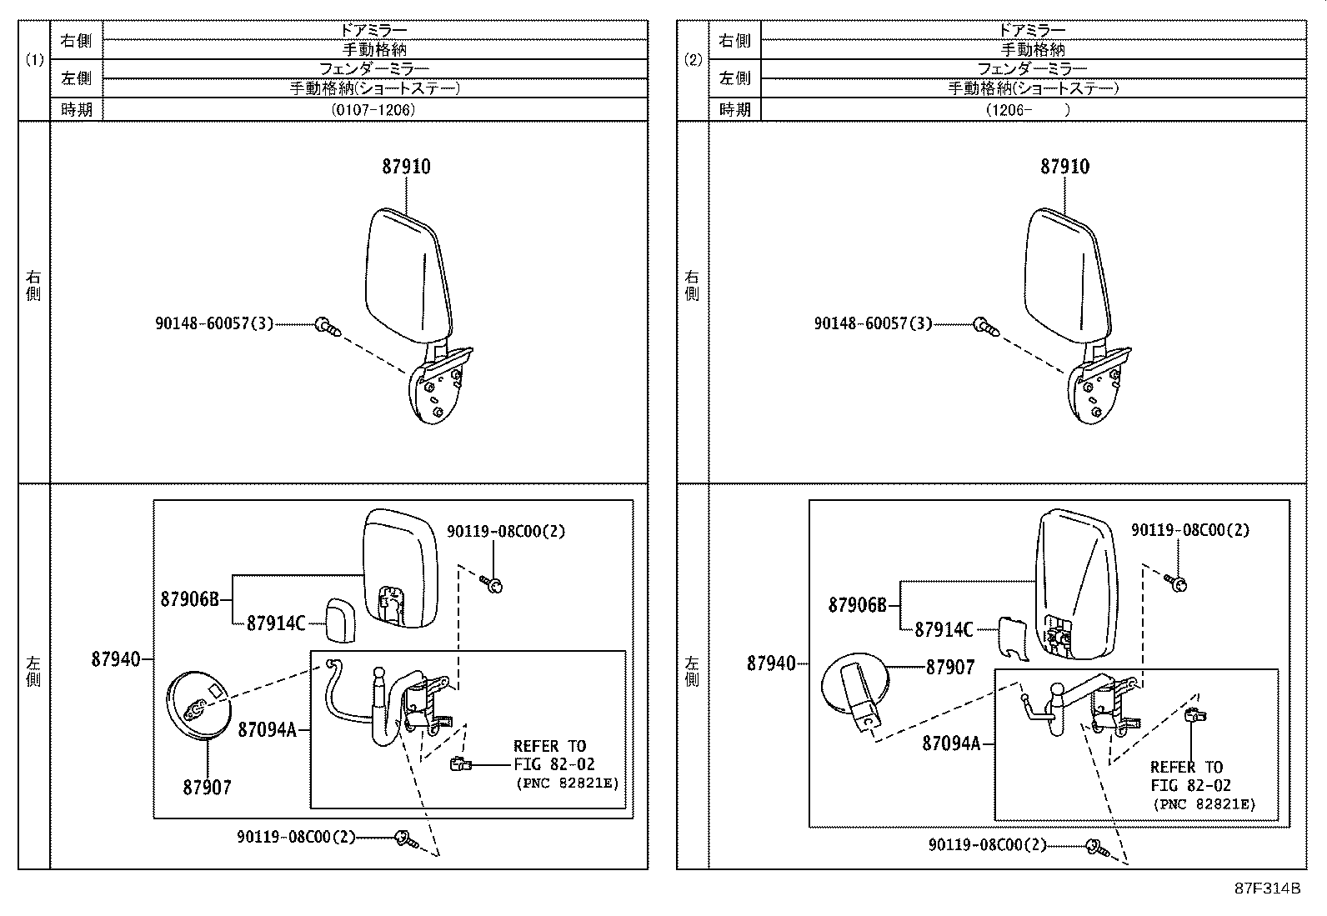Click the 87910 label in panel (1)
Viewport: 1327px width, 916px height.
406,167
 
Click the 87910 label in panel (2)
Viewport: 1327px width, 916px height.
1064,167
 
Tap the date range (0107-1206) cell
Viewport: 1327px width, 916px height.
373,109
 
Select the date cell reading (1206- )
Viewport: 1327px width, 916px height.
1032,109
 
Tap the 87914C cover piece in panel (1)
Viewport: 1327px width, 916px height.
340,620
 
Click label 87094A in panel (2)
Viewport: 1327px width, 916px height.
950,743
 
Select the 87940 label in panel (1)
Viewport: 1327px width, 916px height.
115,659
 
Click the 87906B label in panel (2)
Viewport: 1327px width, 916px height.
857,605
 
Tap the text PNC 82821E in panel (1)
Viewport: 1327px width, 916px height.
569,783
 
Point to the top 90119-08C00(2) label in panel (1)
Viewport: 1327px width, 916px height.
506,531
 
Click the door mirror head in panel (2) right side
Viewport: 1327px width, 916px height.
1067,275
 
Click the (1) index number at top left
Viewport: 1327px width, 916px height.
34,60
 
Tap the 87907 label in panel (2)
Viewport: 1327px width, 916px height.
949,667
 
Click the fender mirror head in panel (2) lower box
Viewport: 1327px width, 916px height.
1075,583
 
